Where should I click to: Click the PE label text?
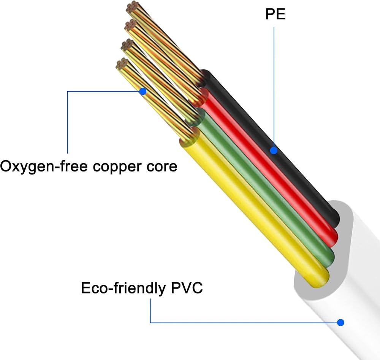click(275, 14)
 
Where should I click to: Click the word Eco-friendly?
click(123, 288)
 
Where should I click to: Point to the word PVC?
click(187, 288)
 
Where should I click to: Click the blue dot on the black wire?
click(274, 151)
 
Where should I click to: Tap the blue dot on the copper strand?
click(143, 91)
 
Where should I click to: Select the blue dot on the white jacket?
click(340, 322)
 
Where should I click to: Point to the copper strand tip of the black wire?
click(133, 7)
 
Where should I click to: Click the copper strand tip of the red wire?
click(131, 25)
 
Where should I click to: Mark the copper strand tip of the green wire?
click(127, 45)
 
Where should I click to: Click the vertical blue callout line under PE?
click(274, 87)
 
